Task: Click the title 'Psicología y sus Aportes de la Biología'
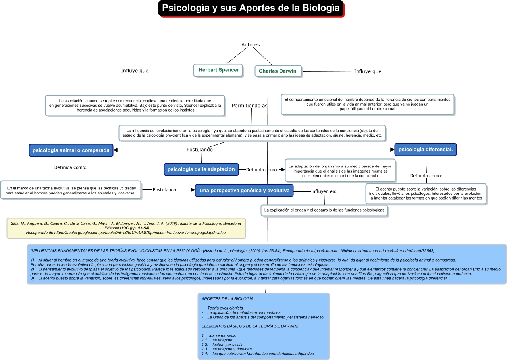click(x=251, y=8)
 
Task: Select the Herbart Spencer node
click(x=219, y=70)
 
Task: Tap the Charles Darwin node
click(x=278, y=71)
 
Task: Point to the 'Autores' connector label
click(x=251, y=45)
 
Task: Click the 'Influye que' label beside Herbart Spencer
click(x=135, y=71)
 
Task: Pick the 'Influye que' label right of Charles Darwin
click(x=368, y=71)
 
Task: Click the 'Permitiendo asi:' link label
click(x=251, y=106)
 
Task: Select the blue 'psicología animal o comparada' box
click(x=71, y=150)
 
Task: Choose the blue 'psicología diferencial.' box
click(x=425, y=150)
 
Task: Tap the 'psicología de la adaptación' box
click(x=201, y=169)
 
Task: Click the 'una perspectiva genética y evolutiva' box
click(x=244, y=191)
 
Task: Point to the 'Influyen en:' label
click(x=324, y=191)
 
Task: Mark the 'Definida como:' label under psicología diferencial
click(x=426, y=176)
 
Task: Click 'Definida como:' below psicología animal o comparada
click(x=70, y=167)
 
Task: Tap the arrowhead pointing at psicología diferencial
click(x=391, y=150)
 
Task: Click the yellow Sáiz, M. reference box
click(x=126, y=228)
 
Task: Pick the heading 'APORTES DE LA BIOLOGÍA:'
click(x=228, y=299)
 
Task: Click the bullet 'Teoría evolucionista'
click(x=225, y=308)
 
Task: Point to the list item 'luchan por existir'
click(x=227, y=345)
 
